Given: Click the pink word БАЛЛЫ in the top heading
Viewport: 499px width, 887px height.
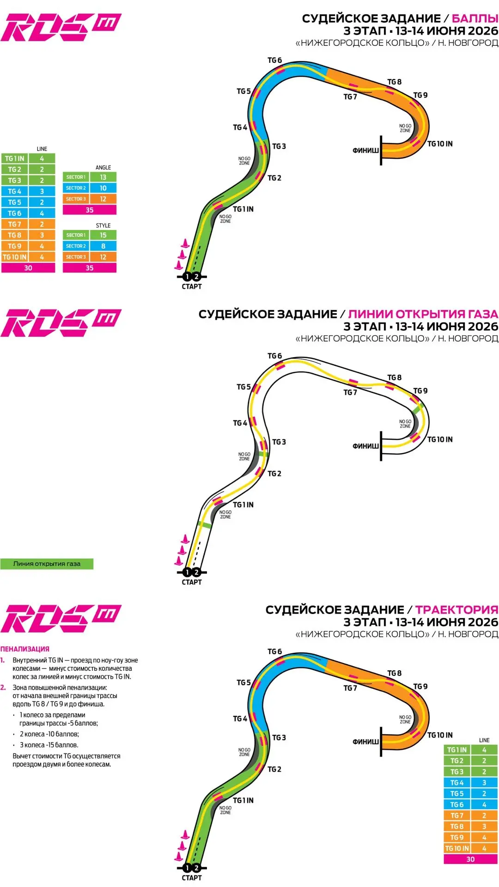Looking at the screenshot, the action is point(475,18).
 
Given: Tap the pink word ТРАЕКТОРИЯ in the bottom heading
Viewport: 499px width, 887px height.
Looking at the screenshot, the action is point(456,610).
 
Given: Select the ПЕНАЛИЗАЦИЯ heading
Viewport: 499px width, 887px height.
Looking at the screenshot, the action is point(24,649).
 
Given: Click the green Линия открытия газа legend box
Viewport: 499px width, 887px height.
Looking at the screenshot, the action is point(47,564).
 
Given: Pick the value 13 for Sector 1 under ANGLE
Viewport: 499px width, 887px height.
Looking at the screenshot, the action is point(103,177).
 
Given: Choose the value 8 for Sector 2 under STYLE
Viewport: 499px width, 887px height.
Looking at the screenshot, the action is point(103,246).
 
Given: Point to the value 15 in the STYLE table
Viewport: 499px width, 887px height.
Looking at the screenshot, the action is point(103,235).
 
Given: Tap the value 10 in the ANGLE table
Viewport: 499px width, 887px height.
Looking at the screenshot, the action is point(103,188).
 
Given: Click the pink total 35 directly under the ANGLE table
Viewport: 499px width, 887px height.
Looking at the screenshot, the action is point(90,210).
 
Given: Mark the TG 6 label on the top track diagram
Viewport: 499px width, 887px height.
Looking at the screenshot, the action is point(274,60).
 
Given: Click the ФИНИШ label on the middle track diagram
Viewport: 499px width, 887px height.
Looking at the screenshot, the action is point(365,446).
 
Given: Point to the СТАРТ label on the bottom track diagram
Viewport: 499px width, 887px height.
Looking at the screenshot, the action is point(192,878).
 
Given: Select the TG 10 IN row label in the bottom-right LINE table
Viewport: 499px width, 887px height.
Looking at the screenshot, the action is point(457,849).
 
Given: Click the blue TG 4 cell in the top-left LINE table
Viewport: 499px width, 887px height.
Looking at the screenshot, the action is point(15,191).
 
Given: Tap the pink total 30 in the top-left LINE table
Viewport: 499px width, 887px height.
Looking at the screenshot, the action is point(28,268).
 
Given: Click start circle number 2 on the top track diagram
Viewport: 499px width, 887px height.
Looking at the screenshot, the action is point(196,277).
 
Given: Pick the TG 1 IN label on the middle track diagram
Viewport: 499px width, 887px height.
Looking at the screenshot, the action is point(243,504).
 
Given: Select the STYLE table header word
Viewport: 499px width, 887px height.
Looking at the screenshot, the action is point(103,225).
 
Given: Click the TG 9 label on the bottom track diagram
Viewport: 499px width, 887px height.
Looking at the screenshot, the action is point(420,687).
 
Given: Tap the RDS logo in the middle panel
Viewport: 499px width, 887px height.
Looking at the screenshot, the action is point(61,323).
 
